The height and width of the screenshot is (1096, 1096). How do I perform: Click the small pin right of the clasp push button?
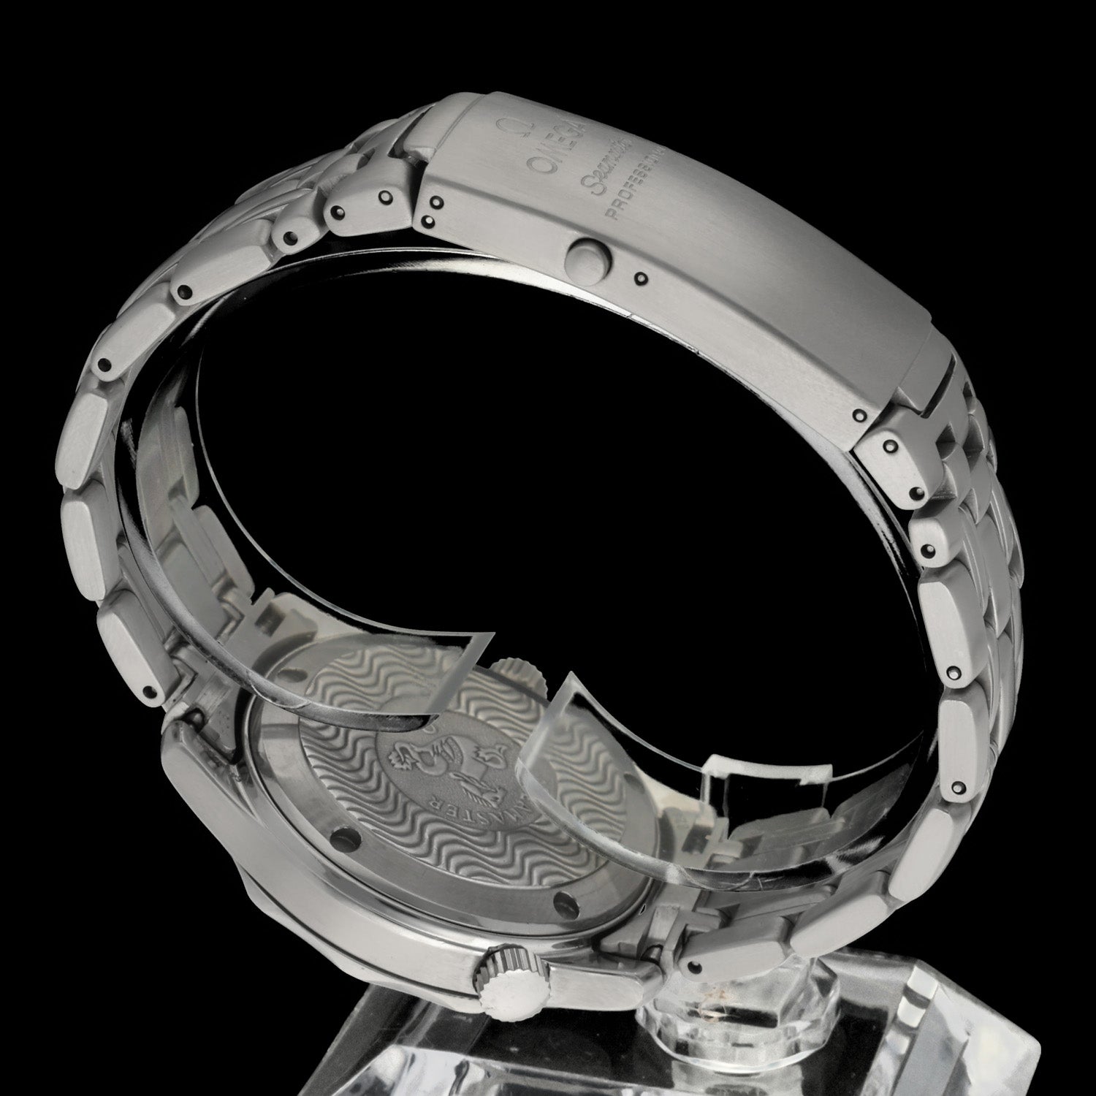pos(641,278)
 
